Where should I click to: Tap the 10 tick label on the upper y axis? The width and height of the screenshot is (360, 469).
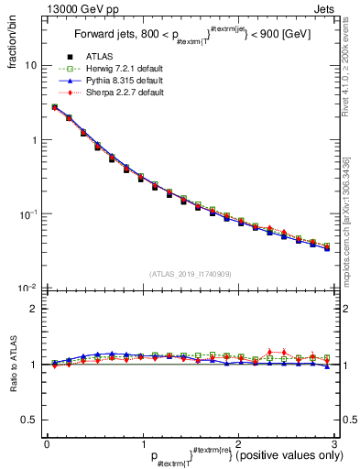coord(31,66)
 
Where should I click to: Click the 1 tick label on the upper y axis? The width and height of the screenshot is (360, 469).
coord(34,140)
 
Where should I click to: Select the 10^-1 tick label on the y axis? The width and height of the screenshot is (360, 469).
coord(29,213)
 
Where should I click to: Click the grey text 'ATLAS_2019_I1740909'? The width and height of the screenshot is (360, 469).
coord(191,274)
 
